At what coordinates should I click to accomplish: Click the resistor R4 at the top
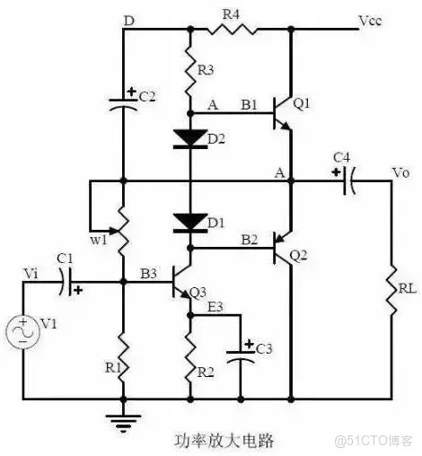(232, 29)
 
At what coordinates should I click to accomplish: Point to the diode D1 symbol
(190, 221)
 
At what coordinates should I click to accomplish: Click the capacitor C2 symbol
(123, 101)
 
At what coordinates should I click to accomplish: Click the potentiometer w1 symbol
(123, 231)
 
